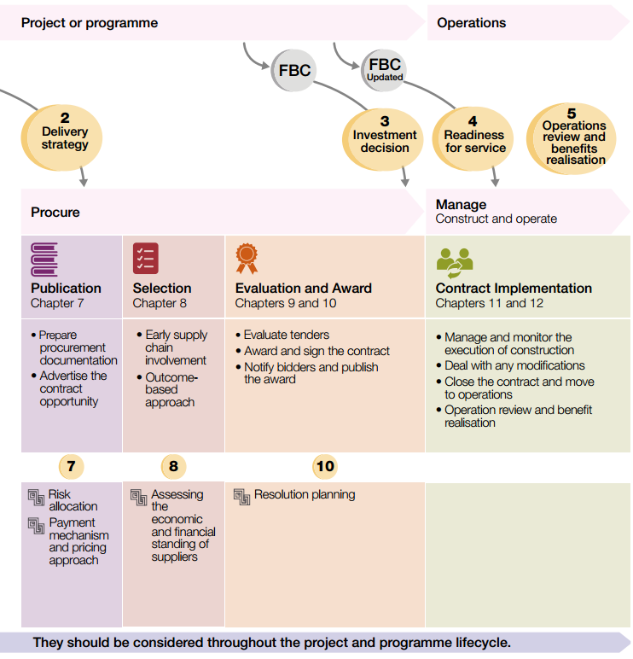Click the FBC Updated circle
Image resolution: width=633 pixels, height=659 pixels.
point(384,69)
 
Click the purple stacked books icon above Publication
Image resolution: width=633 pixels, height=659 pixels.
point(44,259)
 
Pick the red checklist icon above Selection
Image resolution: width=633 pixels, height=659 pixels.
point(145,259)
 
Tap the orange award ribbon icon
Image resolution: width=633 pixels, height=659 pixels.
point(247,259)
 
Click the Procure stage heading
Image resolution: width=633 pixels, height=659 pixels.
point(55,212)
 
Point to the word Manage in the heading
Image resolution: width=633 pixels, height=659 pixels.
point(461,205)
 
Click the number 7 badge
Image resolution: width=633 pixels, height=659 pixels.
point(71,466)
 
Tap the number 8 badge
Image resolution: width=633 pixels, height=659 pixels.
point(173,466)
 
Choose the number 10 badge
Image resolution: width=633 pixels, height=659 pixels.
point(325,466)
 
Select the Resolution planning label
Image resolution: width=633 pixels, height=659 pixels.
point(305,494)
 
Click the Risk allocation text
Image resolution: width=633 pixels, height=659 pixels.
point(73,500)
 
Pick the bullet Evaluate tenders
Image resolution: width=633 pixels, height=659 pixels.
point(286,335)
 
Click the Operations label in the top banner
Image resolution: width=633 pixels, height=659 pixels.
point(471,23)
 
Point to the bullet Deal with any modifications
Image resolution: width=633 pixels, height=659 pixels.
point(514,365)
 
